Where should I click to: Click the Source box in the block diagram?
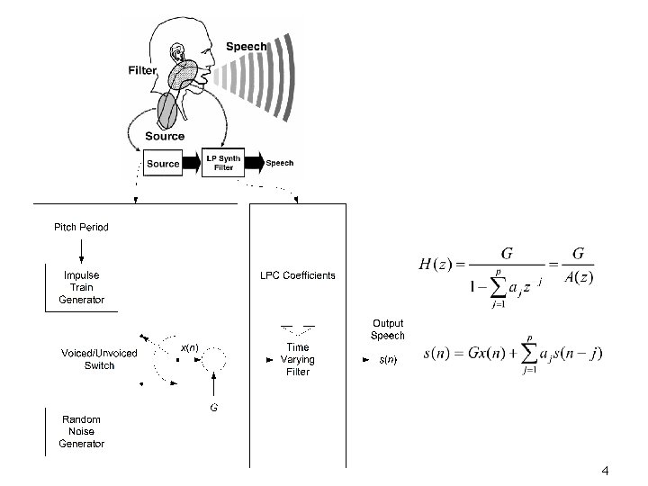click(x=163, y=164)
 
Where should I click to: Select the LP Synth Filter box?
click(x=220, y=163)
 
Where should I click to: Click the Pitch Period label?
click(x=82, y=228)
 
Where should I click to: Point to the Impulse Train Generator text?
click(x=82, y=287)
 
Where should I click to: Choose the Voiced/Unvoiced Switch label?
click(x=99, y=359)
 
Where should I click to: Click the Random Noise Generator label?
click(x=82, y=431)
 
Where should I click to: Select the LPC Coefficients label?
click(x=297, y=275)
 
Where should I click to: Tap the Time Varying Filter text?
click(x=297, y=359)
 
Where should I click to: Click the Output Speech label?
click(x=388, y=329)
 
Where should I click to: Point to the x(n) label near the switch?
click(x=189, y=346)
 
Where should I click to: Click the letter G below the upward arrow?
click(x=213, y=408)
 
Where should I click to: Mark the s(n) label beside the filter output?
click(x=388, y=360)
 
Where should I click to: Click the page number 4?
click(x=605, y=471)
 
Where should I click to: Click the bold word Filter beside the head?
click(x=143, y=70)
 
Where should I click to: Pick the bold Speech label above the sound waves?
click(x=246, y=47)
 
